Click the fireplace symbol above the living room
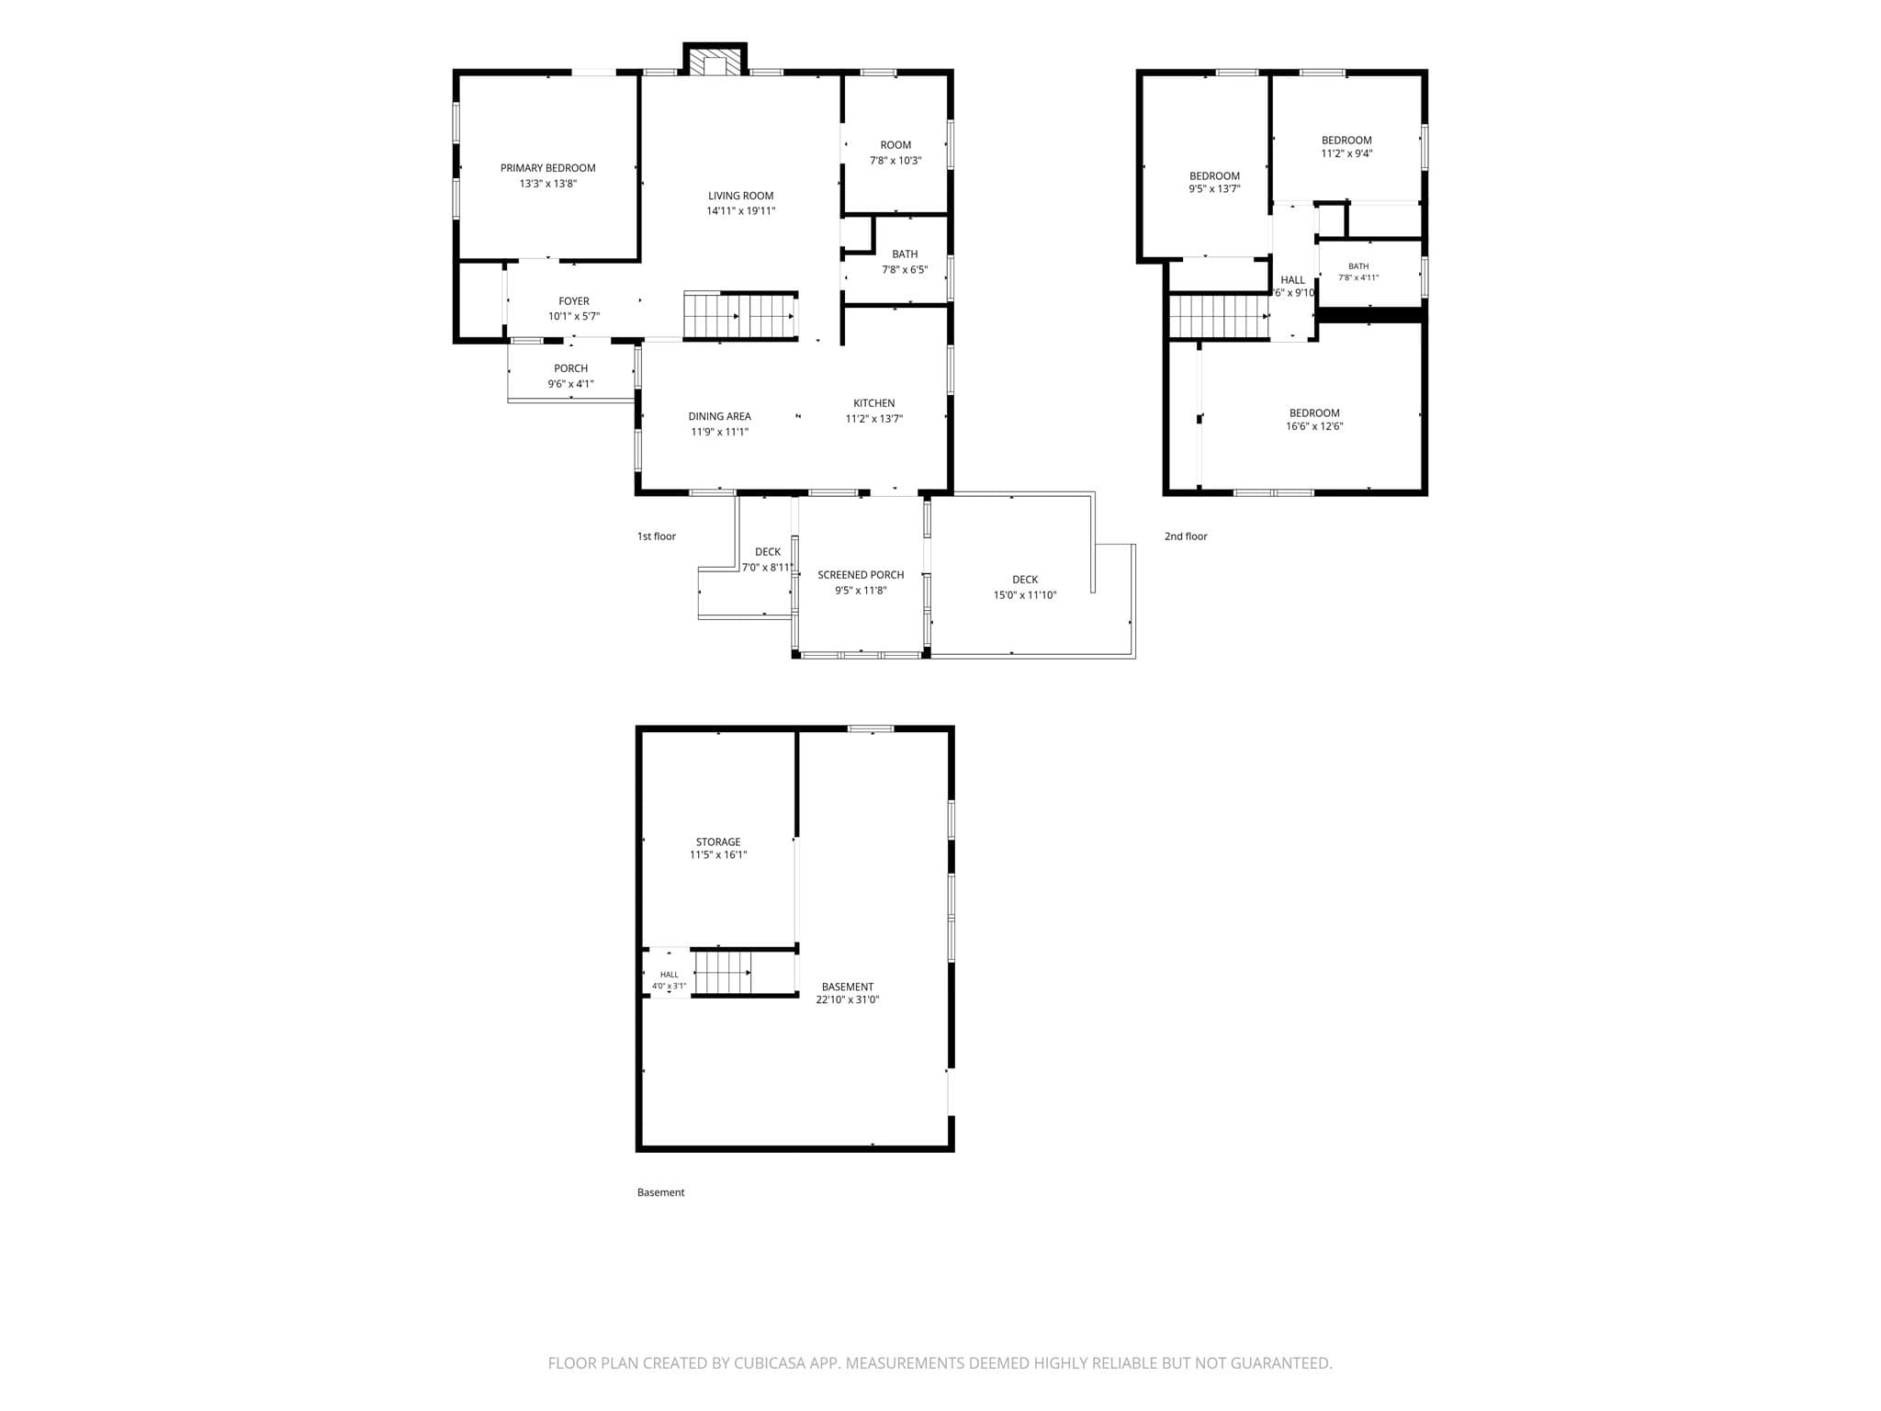click(x=715, y=62)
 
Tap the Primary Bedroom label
click(x=548, y=168)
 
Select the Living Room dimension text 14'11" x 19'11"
click(x=741, y=211)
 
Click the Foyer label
click(x=574, y=301)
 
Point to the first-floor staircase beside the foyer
click(x=740, y=316)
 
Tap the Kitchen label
click(x=874, y=403)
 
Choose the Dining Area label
click(x=720, y=416)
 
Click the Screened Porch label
click(x=862, y=575)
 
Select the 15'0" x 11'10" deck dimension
click(x=1025, y=595)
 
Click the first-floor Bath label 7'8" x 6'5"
click(x=905, y=254)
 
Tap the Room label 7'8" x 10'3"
click(x=895, y=145)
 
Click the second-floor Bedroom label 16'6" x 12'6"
click(x=1314, y=413)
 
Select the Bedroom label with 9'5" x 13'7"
click(x=1215, y=176)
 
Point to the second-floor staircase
click(x=1219, y=316)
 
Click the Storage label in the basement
click(x=718, y=842)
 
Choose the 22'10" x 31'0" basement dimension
click(x=848, y=1000)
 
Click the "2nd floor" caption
click(x=1186, y=536)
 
